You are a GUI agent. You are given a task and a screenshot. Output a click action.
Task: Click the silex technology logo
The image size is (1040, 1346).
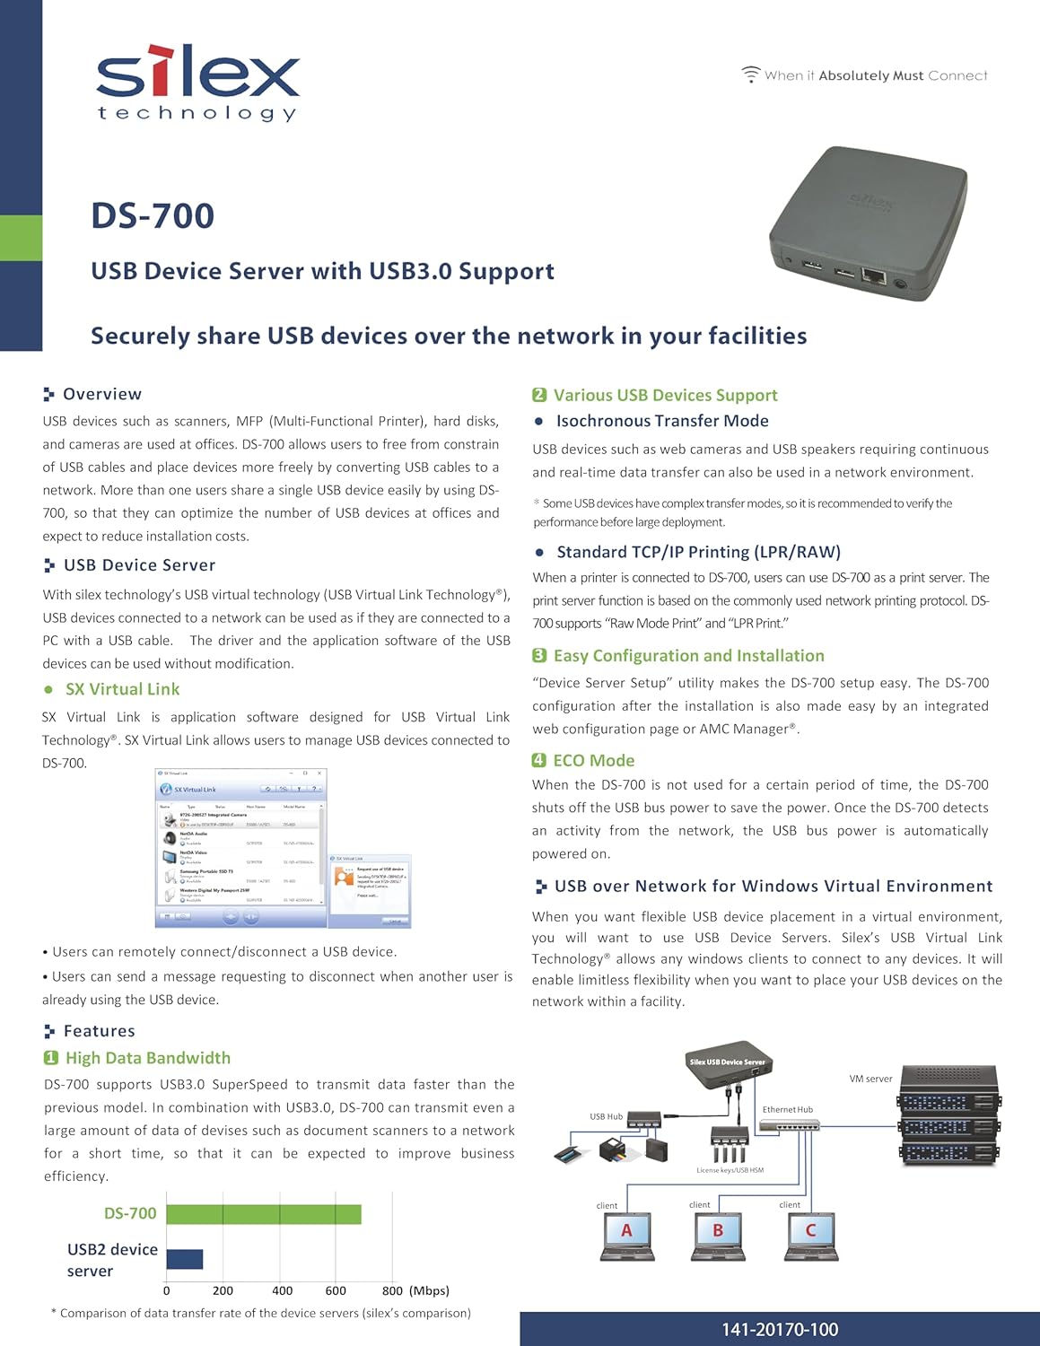(x=197, y=83)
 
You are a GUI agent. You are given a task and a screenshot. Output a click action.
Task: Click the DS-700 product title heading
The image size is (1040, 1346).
(x=153, y=215)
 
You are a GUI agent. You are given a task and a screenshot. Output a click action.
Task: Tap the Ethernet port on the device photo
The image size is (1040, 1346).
(x=872, y=275)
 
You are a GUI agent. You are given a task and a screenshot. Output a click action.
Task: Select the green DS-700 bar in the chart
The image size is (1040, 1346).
(x=263, y=1214)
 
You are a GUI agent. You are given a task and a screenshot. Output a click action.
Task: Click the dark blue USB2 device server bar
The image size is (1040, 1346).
(x=184, y=1259)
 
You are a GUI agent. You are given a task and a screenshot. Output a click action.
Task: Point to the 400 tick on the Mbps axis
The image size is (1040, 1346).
(x=282, y=1290)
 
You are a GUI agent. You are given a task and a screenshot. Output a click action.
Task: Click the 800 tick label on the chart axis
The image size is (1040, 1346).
(x=392, y=1290)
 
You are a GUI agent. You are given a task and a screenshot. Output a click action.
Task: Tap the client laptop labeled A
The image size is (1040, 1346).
(x=626, y=1236)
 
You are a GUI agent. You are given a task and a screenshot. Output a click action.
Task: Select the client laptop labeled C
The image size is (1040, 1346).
(x=810, y=1236)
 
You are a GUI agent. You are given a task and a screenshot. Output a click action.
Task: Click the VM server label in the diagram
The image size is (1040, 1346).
(x=870, y=1079)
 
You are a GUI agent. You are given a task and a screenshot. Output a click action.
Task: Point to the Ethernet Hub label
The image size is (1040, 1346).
(x=787, y=1110)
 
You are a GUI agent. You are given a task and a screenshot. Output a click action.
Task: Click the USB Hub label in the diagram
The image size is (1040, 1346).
(x=606, y=1116)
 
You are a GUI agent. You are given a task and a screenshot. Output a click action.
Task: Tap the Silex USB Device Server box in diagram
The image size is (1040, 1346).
(x=728, y=1065)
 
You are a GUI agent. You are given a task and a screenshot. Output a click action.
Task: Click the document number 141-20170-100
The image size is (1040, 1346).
(x=779, y=1330)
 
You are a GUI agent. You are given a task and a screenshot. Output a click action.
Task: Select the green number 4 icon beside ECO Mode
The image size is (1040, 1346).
(x=538, y=760)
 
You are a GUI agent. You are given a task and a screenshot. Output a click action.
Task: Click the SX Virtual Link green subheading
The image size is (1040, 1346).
(x=122, y=689)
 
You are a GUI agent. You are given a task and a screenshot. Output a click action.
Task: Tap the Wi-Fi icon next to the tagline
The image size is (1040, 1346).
(x=750, y=75)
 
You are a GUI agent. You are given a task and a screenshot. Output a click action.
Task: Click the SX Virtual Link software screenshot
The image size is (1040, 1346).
(x=240, y=848)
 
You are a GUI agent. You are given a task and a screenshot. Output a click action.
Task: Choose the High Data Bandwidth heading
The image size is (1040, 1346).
(x=147, y=1058)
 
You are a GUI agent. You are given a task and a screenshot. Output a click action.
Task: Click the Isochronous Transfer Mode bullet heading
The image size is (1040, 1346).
(x=661, y=421)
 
